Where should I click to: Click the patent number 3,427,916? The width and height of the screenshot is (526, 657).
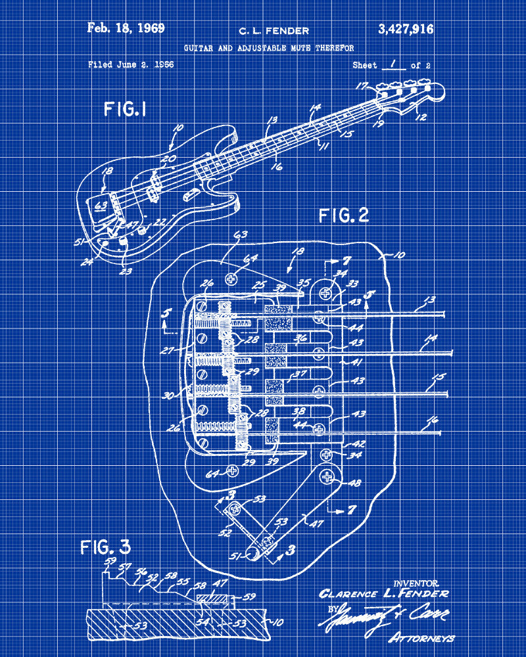click(x=406, y=29)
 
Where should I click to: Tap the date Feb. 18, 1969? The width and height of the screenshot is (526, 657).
click(x=126, y=28)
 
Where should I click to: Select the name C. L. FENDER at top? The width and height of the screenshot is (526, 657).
click(x=273, y=30)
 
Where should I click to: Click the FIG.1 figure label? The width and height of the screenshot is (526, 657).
click(x=125, y=109)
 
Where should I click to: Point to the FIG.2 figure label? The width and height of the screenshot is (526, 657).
click(x=343, y=215)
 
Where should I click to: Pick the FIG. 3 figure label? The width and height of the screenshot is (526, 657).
click(x=106, y=546)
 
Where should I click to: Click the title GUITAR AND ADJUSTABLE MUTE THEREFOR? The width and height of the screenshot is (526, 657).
click(x=268, y=48)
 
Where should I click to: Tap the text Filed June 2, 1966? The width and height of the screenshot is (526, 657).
click(x=131, y=65)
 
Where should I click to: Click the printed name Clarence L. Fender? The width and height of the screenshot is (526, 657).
click(x=384, y=594)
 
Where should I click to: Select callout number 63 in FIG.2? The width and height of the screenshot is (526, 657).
click(x=240, y=235)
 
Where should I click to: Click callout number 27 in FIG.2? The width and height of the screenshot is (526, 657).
click(x=168, y=351)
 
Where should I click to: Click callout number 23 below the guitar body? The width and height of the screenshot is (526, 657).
click(x=126, y=269)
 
